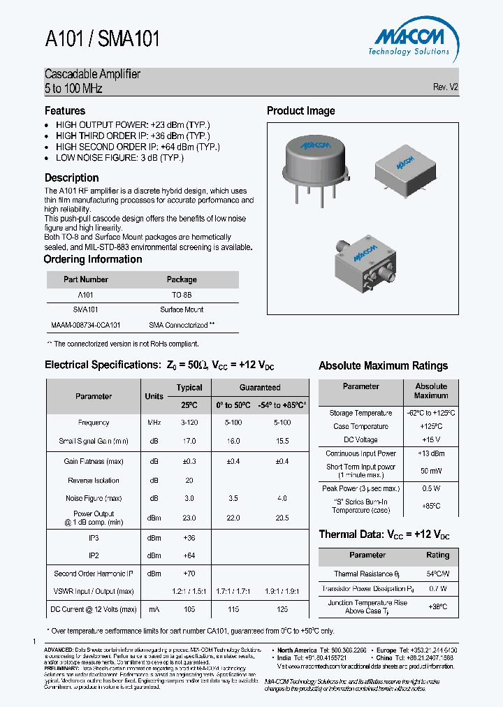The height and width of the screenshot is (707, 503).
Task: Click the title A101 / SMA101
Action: point(102,40)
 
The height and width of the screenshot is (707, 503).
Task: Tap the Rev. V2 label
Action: point(445,87)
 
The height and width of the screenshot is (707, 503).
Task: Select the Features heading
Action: point(65,111)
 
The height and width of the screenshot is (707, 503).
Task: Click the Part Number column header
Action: point(86,279)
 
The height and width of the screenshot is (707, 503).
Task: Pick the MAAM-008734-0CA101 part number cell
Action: point(86,325)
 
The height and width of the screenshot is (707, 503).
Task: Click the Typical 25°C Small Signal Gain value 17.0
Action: point(189,442)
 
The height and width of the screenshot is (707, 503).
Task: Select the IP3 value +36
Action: point(189,538)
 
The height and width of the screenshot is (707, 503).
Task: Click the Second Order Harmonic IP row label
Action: point(94,574)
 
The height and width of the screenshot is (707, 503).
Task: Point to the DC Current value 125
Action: point(282,609)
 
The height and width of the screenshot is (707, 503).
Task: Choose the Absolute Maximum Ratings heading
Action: point(383,365)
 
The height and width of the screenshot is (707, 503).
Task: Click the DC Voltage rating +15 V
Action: point(431,440)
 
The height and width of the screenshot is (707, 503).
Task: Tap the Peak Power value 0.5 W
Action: point(431,488)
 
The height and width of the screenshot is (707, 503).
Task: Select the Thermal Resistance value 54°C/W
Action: point(438,574)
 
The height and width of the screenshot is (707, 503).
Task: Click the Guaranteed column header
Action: point(260,387)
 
